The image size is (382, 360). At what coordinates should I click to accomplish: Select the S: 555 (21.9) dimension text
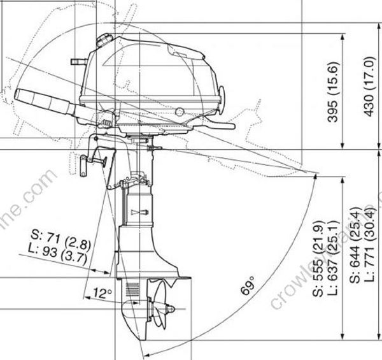[x=318, y=258]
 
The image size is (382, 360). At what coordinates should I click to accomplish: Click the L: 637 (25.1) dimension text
[x=332, y=258]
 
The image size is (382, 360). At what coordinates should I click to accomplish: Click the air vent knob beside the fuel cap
[x=76, y=61]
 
